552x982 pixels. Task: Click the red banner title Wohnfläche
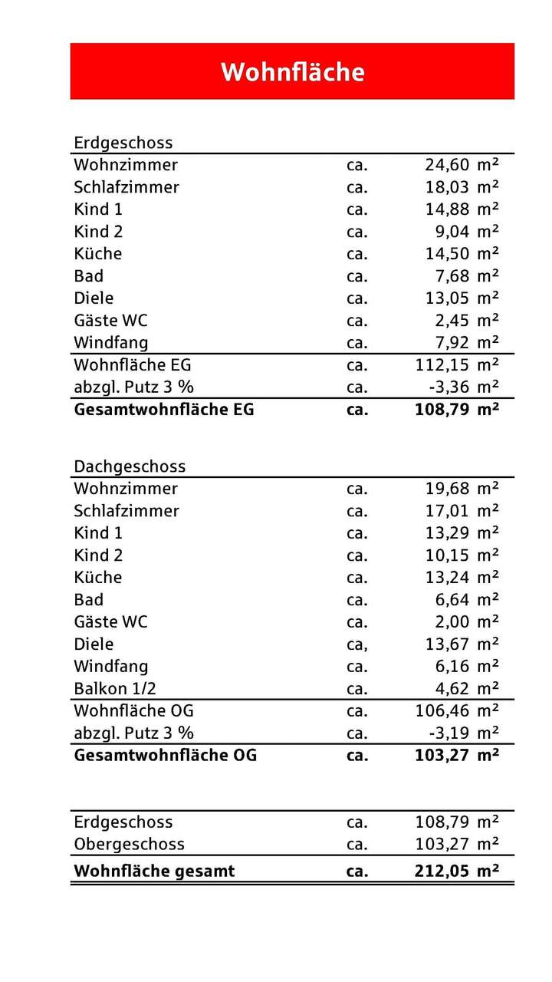(292, 72)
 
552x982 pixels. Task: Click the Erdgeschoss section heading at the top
(123, 143)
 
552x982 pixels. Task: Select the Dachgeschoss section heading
(130, 466)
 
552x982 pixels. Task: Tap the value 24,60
(446, 165)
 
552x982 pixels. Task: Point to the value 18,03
(446, 187)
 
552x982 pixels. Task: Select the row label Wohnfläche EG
(132, 365)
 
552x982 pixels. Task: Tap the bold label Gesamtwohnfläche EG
(163, 410)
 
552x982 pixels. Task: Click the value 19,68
(446, 489)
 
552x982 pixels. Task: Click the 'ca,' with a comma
(357, 644)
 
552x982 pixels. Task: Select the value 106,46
(442, 711)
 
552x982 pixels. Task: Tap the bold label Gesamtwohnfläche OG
(164, 756)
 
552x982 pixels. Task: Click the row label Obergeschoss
(129, 845)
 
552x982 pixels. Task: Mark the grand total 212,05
(442, 872)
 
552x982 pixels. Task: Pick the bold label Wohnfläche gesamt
(154, 872)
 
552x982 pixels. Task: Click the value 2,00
(451, 622)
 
